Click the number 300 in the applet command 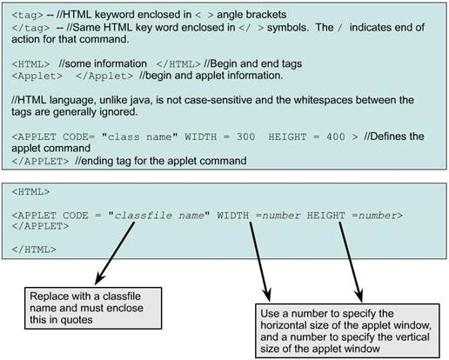click(x=245, y=137)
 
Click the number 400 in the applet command click(x=336, y=137)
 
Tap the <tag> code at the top click(x=28, y=15)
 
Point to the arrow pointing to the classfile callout click(x=115, y=253)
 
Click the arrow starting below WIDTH click(x=260, y=262)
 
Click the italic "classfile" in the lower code click(x=144, y=216)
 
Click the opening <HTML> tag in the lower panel click(x=30, y=192)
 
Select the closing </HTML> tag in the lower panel click(x=34, y=250)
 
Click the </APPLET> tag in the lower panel click(x=40, y=226)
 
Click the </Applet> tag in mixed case click(x=104, y=77)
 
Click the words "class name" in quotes click(x=139, y=137)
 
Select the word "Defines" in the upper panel click(x=385, y=137)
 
